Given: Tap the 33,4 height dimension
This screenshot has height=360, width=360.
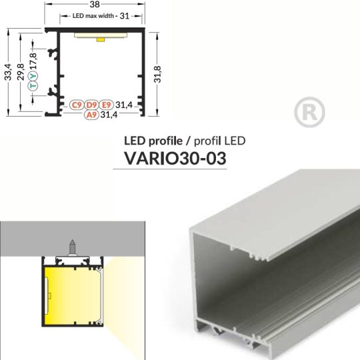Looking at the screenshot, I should pyautogui.click(x=7, y=71).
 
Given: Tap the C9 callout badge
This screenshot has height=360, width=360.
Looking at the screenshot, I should pyautogui.click(x=77, y=105).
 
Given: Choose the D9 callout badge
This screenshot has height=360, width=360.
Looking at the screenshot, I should pyautogui.click(x=92, y=105).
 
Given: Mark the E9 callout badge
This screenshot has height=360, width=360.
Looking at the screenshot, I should pyautogui.click(x=107, y=105).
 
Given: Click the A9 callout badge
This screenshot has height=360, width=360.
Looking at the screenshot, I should pyautogui.click(x=92, y=115).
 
